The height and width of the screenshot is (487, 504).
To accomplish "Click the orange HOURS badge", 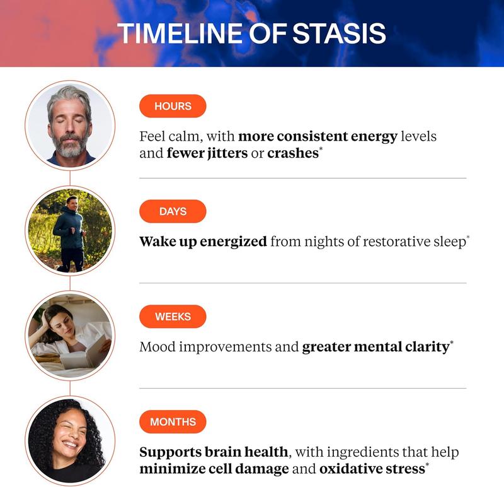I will pyautogui.click(x=173, y=106).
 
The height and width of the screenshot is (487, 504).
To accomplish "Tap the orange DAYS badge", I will pyautogui.click(x=173, y=211).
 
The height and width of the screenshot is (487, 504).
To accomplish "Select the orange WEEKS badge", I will pyautogui.click(x=173, y=317).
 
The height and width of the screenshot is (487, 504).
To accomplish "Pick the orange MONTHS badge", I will pyautogui.click(x=173, y=422).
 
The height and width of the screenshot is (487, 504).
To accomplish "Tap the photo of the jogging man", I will pyautogui.click(x=70, y=230).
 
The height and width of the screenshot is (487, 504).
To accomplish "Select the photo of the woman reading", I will pyautogui.click(x=70, y=336).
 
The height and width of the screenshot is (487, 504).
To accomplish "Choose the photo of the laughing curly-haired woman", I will pyautogui.click(x=70, y=440).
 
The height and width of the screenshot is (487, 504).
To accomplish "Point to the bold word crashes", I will pyautogui.click(x=292, y=153).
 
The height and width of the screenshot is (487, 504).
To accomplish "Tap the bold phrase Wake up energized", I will pyautogui.click(x=202, y=242).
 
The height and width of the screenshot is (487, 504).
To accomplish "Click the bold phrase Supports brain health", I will pyautogui.click(x=214, y=452).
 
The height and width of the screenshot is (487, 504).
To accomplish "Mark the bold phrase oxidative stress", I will pyautogui.click(x=372, y=469).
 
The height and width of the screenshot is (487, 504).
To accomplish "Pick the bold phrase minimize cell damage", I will pyautogui.click(x=214, y=469).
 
